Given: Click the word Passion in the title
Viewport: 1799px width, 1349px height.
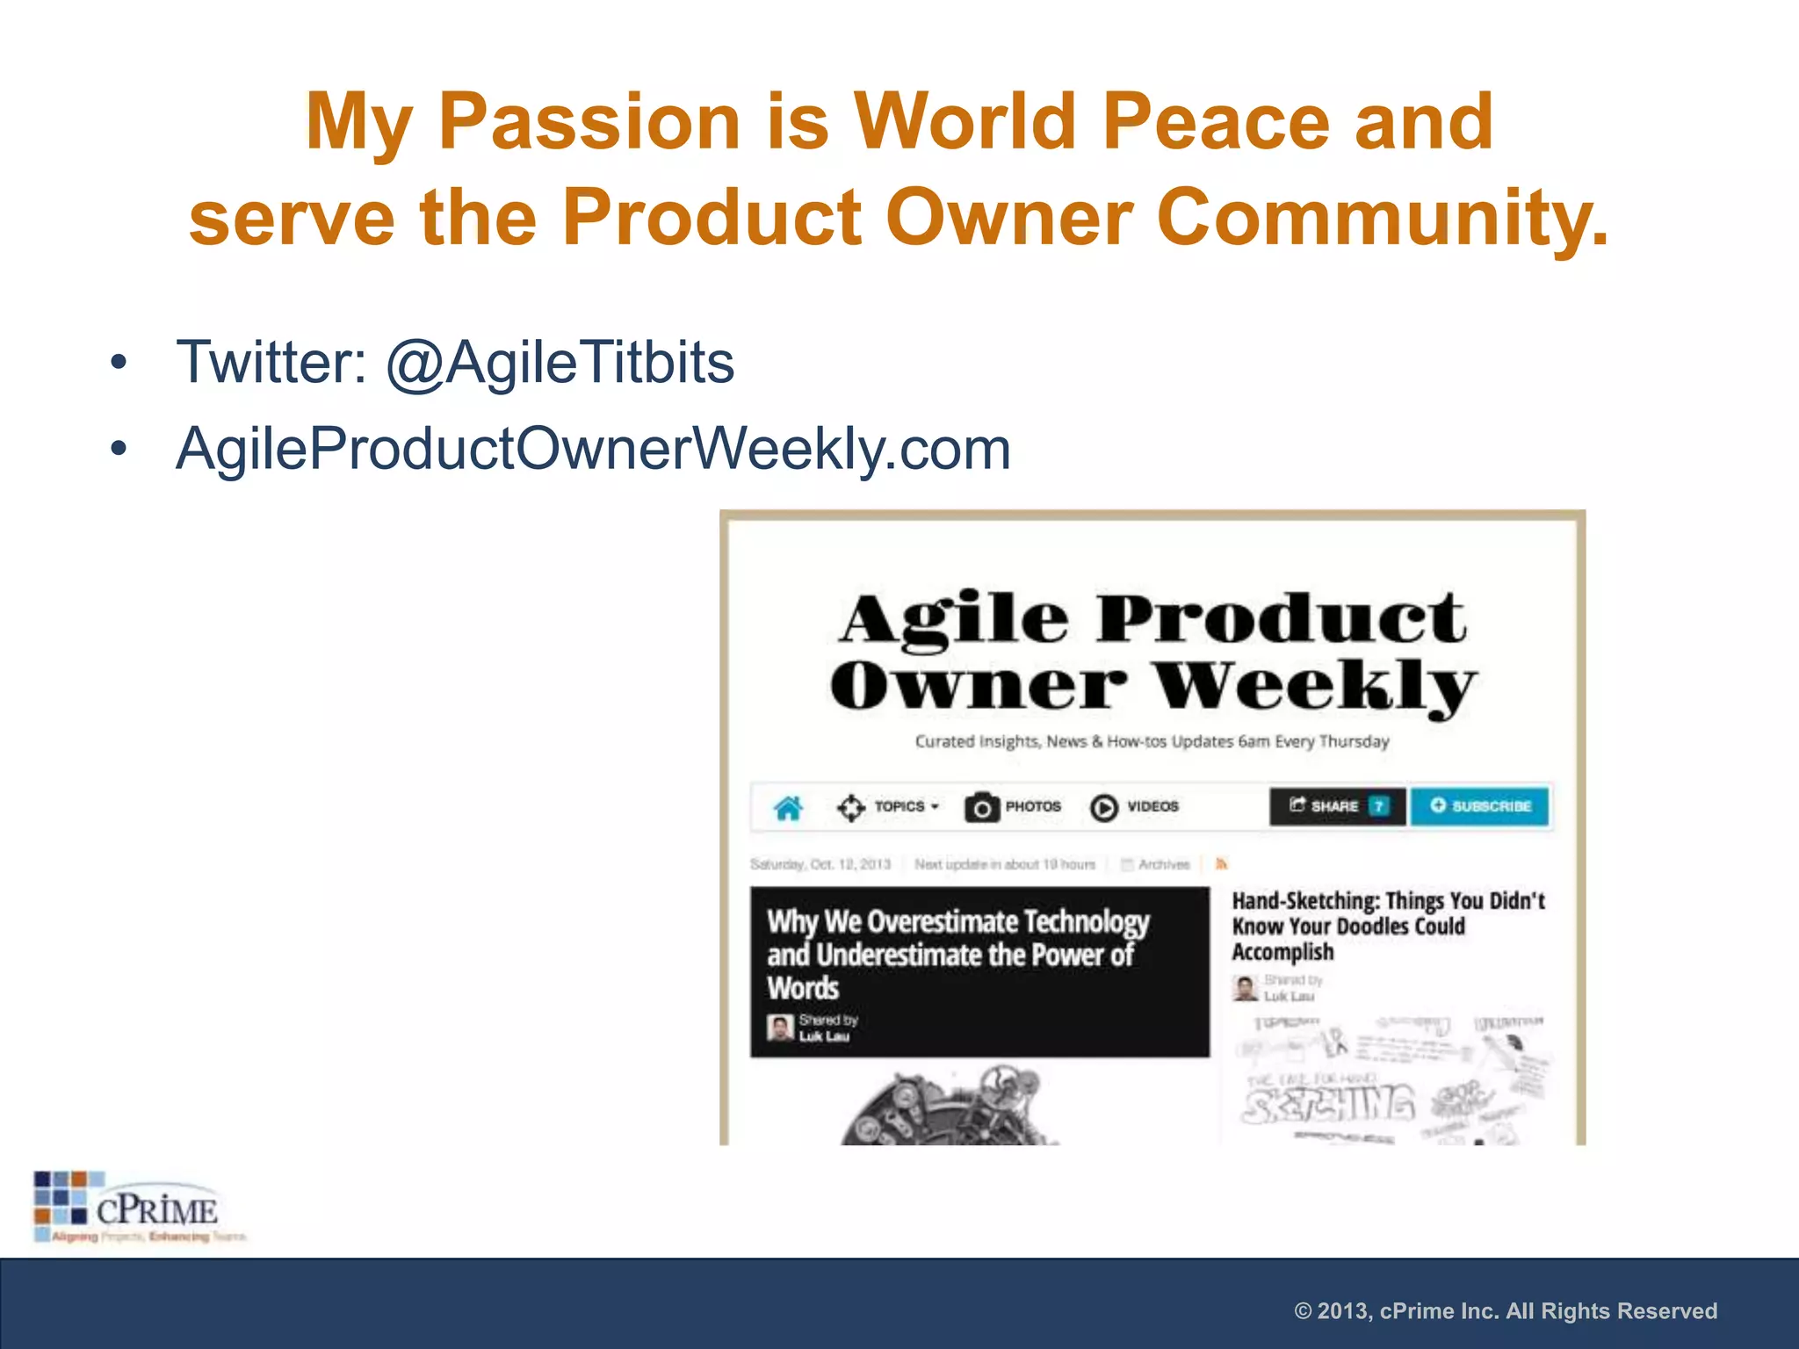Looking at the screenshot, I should (x=589, y=122).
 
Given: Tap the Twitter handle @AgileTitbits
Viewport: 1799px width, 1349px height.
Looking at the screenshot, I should (x=560, y=362).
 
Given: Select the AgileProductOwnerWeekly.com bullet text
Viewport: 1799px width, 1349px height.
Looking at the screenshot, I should (x=593, y=449).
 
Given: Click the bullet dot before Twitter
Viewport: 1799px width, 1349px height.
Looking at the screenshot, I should (x=119, y=362).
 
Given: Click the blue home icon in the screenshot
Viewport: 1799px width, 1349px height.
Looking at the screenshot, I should (x=788, y=807).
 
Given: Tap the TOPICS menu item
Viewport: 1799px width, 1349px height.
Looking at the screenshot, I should (x=899, y=806).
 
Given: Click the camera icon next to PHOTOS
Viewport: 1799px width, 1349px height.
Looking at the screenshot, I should (x=981, y=807).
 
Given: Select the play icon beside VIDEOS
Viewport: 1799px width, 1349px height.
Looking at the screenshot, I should (x=1103, y=807).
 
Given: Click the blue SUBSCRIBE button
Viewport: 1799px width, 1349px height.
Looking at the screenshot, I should (x=1480, y=806).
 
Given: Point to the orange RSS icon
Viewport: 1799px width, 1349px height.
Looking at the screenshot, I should (x=1221, y=864).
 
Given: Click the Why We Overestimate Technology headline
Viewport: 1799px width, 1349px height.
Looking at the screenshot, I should (x=957, y=954).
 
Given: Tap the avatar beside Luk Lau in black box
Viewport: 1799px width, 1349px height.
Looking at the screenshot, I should (x=779, y=1028).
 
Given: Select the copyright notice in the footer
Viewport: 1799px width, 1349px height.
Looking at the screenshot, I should (x=1505, y=1311).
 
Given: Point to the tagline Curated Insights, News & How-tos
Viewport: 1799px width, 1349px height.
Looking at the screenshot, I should (x=1152, y=741).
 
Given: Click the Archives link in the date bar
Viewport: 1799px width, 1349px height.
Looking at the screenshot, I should (x=1162, y=864).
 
